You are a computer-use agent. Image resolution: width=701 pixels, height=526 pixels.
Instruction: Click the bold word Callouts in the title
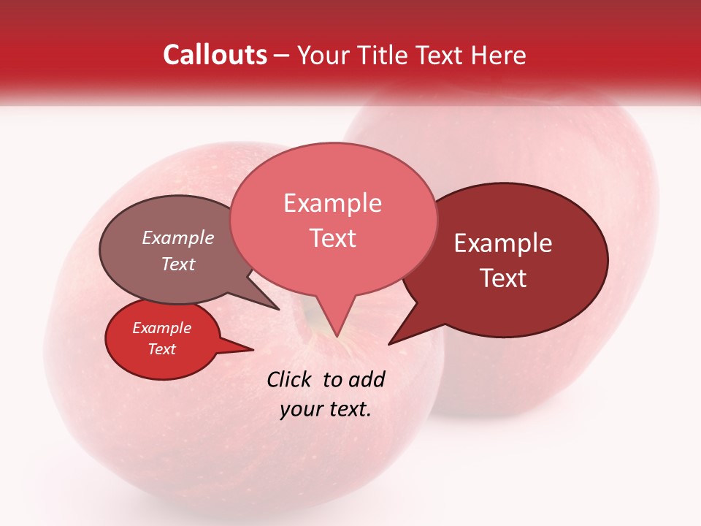point(215,55)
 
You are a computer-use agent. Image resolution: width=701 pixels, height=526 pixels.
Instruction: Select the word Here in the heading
point(499,55)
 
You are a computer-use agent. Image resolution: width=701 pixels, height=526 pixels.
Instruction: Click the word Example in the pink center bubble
point(332,203)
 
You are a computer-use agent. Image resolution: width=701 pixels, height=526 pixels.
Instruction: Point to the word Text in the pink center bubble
point(333,238)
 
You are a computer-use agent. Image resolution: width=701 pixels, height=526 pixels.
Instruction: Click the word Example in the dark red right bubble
point(503,243)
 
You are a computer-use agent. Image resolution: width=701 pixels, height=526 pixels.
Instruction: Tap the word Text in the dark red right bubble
point(503,278)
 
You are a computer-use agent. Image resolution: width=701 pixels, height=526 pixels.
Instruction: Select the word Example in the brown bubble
point(177,237)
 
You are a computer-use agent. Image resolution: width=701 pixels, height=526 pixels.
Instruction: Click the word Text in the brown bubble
point(177,264)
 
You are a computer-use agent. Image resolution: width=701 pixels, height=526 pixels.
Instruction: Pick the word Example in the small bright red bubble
point(161,328)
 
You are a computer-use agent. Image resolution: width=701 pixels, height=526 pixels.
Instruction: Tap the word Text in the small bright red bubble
point(161,349)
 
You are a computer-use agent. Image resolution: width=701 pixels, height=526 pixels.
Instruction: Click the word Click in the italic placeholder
point(291,379)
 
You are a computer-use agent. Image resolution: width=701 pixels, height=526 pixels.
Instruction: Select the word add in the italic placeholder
point(367,379)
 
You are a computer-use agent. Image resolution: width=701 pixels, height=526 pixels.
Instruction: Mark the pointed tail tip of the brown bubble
point(277,308)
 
